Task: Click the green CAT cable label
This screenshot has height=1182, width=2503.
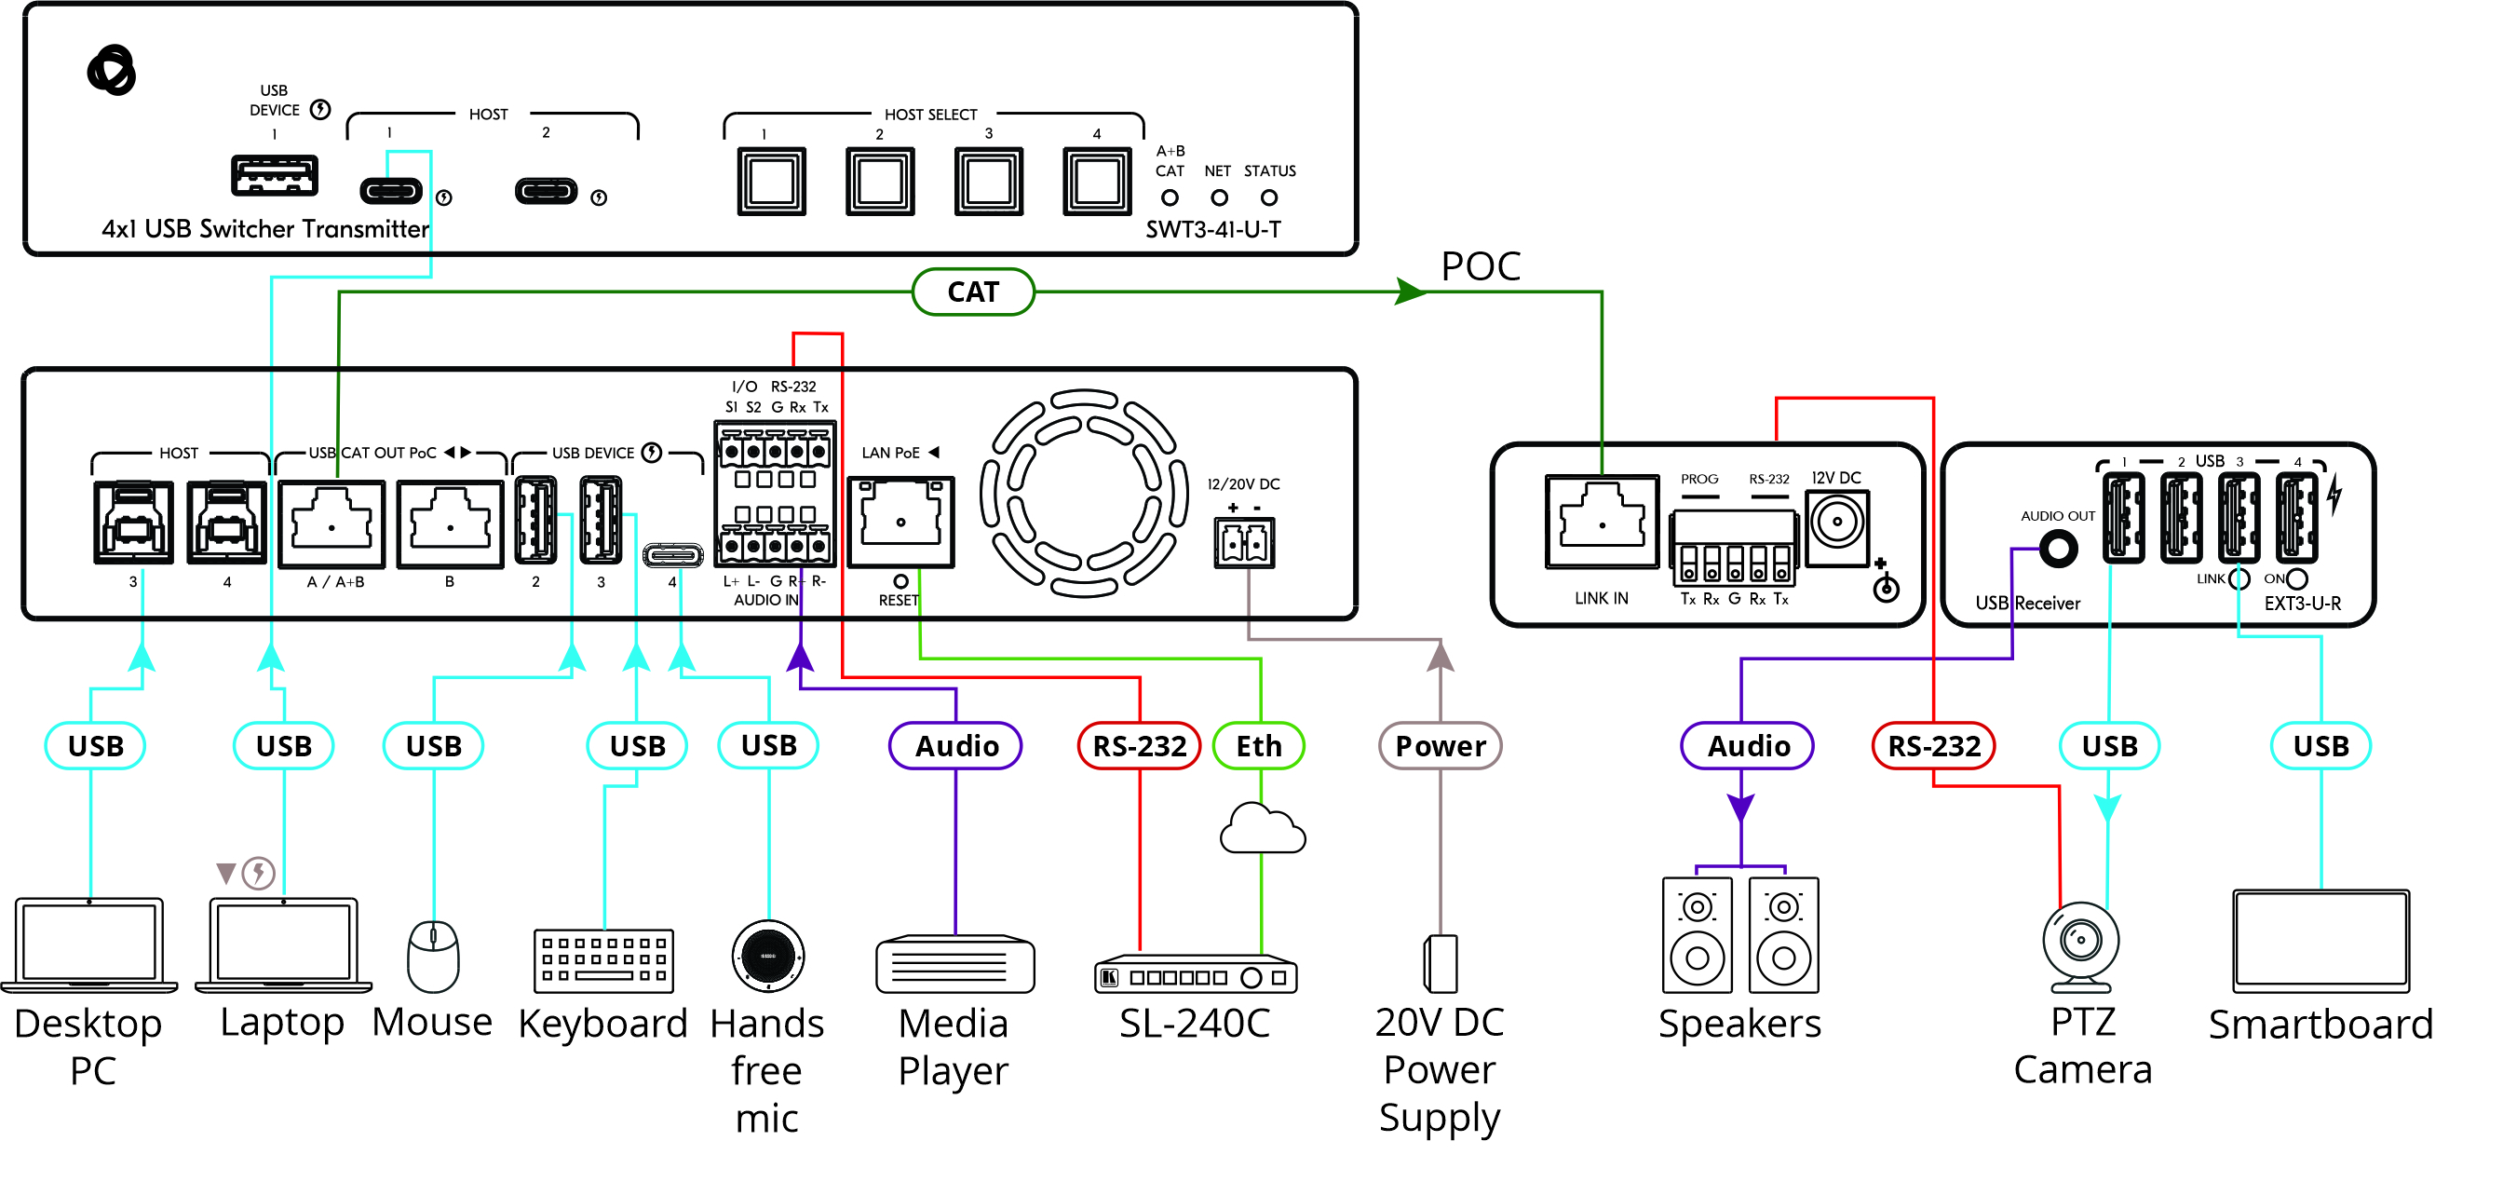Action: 973,292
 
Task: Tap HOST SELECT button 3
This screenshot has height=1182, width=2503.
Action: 988,182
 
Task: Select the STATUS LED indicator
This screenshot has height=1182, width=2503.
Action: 1269,197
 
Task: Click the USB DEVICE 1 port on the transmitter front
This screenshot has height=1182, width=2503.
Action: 274,176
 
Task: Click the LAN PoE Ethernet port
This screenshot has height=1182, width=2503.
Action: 900,522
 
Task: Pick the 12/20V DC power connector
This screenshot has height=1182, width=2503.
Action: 1244,542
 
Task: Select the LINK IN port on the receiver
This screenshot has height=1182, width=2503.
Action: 1602,522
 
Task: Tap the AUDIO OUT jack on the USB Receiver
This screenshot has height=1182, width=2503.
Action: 2057,550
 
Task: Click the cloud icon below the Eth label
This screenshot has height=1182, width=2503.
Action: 1261,829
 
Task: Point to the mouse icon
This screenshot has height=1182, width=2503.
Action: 432,957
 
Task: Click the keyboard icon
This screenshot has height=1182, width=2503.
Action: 603,961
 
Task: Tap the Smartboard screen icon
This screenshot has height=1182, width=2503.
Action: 2320,941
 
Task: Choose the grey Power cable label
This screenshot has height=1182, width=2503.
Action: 1440,745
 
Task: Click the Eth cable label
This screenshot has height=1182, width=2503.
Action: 1258,745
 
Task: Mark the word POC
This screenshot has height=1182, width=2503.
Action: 1480,266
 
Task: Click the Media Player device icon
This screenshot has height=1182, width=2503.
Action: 955,964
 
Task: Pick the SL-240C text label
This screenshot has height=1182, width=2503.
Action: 1194,1024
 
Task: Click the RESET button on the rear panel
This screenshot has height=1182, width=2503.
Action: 900,581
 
